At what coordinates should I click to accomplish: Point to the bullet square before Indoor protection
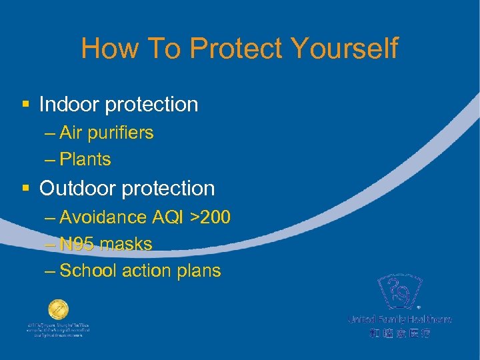click(26, 105)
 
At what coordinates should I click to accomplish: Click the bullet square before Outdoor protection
click(26, 189)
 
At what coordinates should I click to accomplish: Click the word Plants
click(85, 160)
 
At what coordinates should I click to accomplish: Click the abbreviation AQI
click(168, 217)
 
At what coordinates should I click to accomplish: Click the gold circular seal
click(58, 310)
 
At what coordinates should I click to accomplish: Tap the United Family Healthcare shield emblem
click(399, 292)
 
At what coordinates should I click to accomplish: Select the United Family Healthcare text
click(399, 320)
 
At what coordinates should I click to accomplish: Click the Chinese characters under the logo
click(399, 332)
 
